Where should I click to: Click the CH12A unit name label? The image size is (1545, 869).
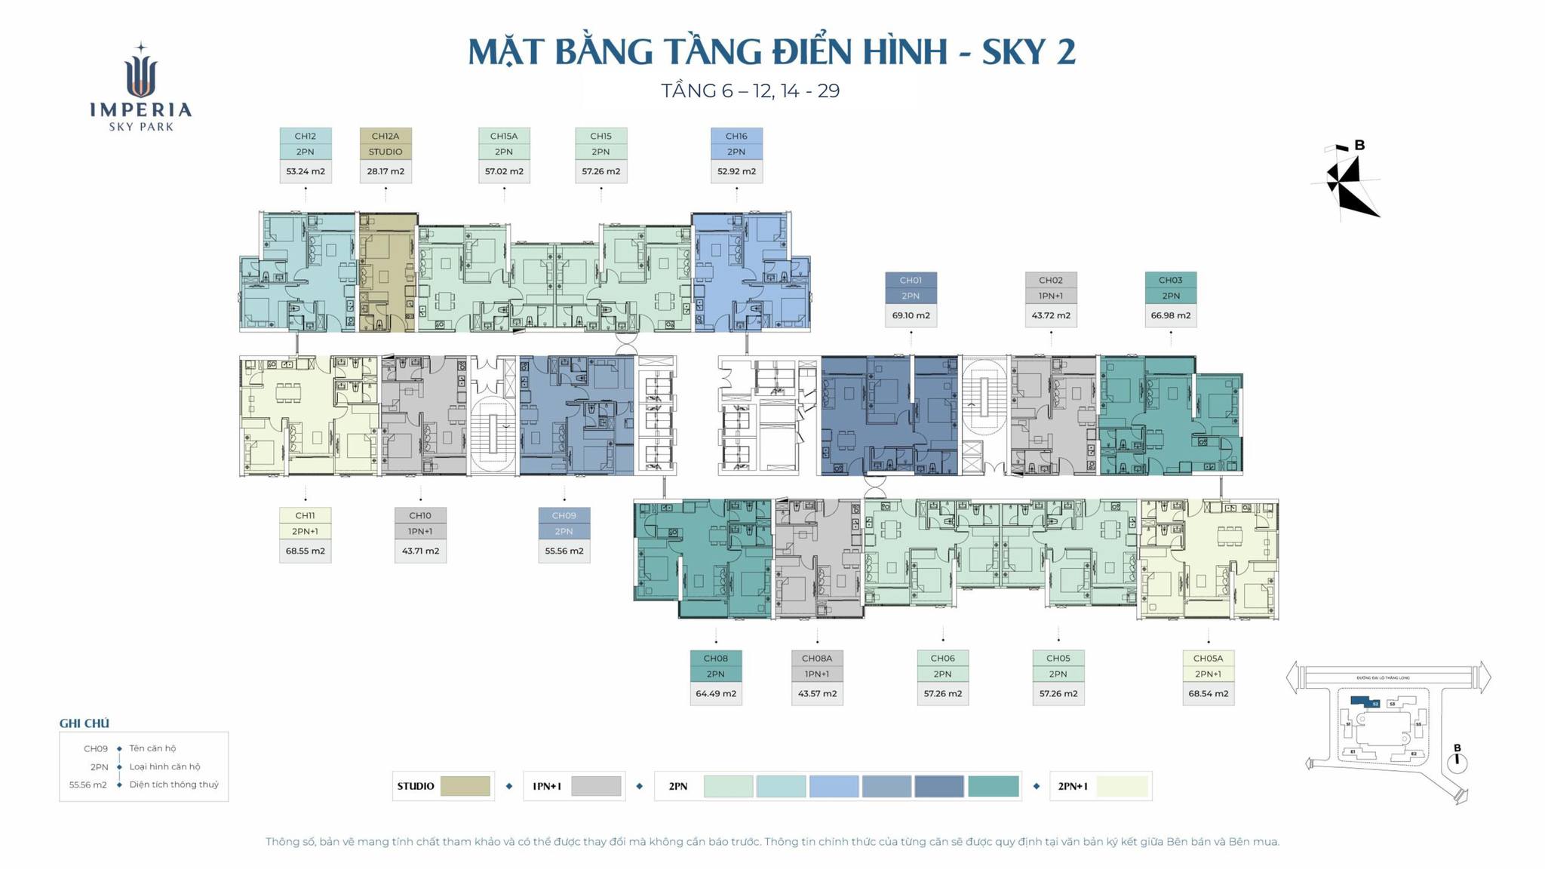[385, 136]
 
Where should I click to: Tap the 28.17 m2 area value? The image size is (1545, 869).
[385, 171]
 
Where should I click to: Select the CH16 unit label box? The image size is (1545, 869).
[736, 136]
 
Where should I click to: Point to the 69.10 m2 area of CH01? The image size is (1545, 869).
[911, 315]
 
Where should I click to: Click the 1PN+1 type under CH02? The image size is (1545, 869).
[1050, 296]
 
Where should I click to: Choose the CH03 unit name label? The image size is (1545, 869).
[1170, 280]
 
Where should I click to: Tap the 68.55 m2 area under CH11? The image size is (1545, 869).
[305, 551]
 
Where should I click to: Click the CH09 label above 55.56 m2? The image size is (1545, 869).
[564, 515]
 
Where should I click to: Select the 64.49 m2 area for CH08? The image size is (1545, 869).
[715, 693]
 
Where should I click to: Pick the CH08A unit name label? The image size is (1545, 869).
[817, 658]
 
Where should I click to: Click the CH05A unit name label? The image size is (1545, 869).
[1208, 658]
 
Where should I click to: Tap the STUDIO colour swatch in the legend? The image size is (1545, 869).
[465, 786]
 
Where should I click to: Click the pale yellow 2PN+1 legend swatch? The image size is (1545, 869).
[1122, 786]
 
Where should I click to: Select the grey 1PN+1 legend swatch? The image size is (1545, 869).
[596, 786]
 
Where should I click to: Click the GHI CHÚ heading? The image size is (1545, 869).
[84, 723]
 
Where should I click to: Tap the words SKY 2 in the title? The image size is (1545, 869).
[1028, 51]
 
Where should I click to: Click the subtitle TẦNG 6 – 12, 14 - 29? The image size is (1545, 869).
[750, 91]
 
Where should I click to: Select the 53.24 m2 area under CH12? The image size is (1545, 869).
[305, 171]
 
